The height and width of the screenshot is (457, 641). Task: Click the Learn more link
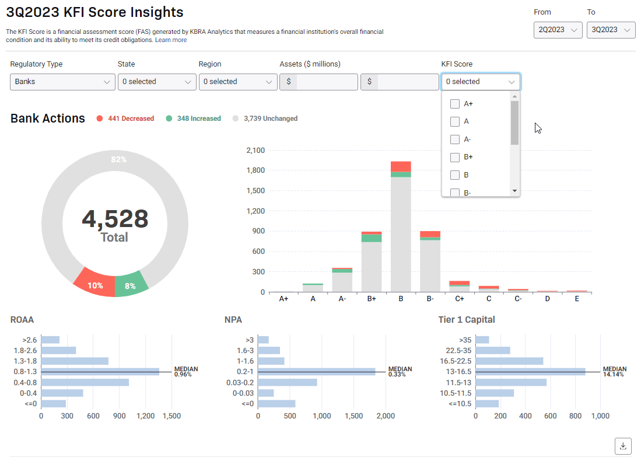[x=171, y=40]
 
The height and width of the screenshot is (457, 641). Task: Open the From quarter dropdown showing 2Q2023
[x=558, y=30]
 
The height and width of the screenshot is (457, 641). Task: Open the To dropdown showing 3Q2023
[x=611, y=30]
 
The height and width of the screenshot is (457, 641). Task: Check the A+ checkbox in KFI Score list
[x=455, y=104]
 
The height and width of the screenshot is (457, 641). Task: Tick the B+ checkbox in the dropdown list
[x=455, y=157]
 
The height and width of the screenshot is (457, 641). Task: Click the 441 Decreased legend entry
[x=125, y=118]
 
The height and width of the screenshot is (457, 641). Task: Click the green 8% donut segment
[x=131, y=285]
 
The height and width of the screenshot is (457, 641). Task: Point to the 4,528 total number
[x=115, y=219]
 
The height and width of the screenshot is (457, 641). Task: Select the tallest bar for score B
[x=401, y=233]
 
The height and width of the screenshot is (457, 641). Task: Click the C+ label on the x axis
[x=460, y=298]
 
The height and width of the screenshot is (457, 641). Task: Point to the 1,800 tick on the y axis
[x=255, y=170]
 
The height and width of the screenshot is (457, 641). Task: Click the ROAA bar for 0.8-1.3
[x=100, y=371]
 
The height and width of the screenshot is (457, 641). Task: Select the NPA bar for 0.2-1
[x=316, y=371]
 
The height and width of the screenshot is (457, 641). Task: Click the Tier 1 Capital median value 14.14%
[x=613, y=374]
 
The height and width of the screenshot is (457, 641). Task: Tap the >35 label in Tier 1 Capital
[x=465, y=340]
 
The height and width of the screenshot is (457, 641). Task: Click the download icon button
[x=623, y=446]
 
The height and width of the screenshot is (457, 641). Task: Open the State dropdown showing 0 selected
[x=157, y=82]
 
